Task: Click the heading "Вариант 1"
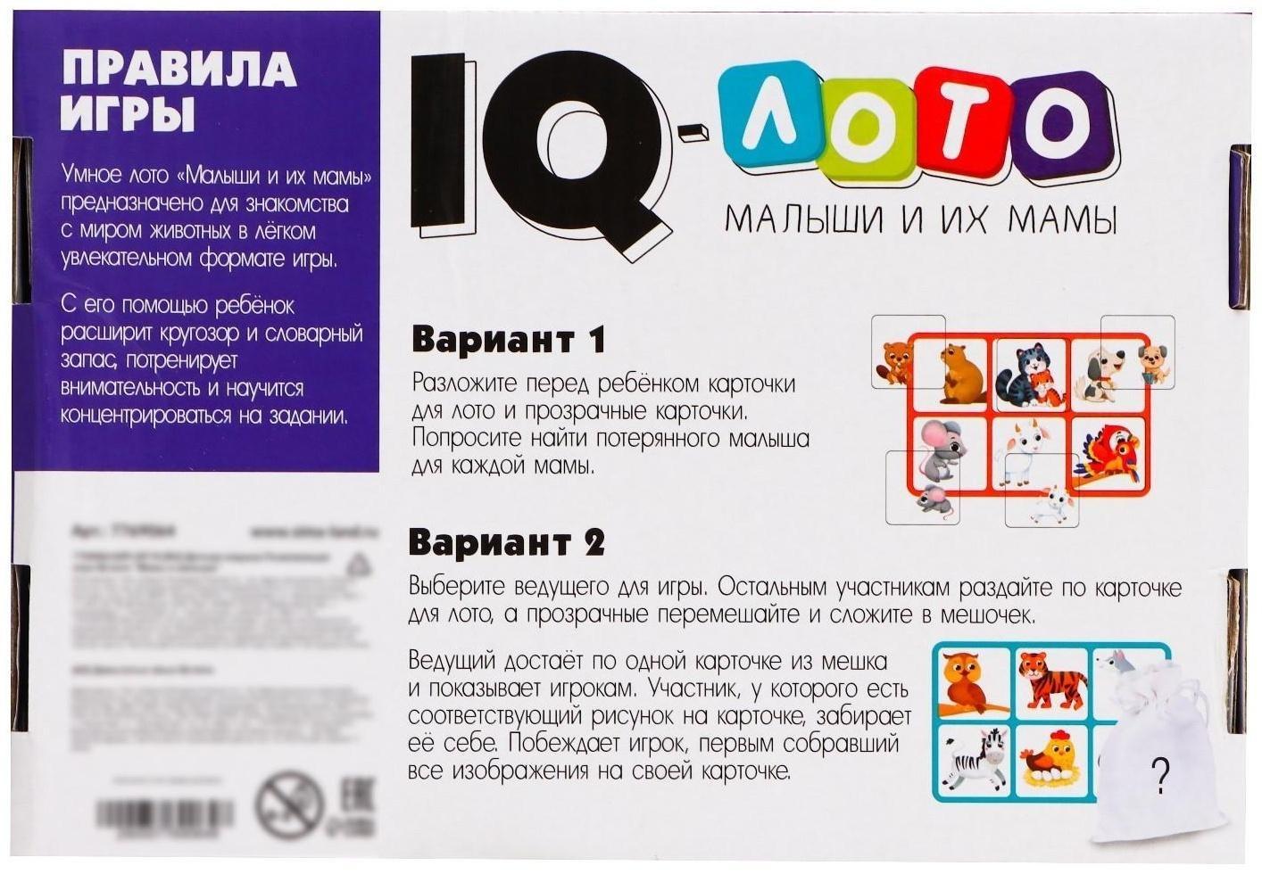[508, 340]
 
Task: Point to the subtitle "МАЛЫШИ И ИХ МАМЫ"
[920, 218]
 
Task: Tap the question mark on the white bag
[1160, 775]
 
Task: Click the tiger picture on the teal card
[1052, 682]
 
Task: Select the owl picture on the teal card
[970, 684]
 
